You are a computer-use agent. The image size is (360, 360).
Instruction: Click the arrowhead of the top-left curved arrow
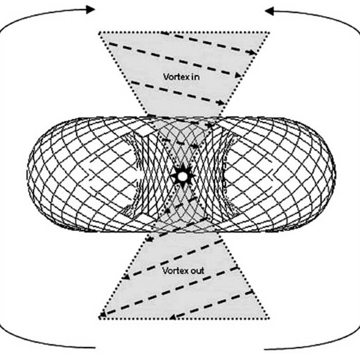(x=91, y=9)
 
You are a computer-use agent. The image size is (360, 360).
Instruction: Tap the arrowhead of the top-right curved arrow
(x=269, y=10)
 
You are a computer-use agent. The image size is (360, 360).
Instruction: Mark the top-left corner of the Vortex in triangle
(x=99, y=32)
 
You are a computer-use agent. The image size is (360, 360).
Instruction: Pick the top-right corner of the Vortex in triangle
(x=268, y=32)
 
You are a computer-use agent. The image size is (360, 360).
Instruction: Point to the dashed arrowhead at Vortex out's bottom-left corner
(x=103, y=315)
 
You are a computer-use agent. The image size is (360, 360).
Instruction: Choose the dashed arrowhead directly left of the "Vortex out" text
(x=124, y=278)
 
